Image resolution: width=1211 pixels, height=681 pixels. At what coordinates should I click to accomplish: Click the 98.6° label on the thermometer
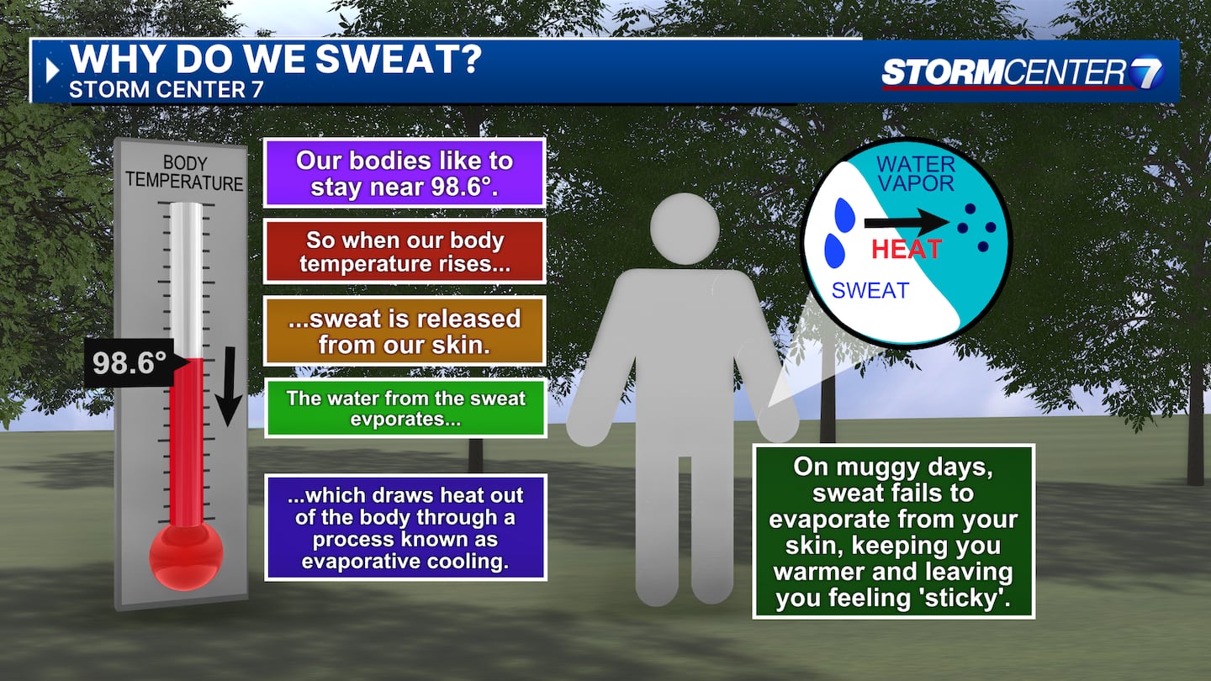click(x=130, y=362)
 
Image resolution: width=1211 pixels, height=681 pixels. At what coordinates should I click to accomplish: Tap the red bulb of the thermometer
click(x=186, y=556)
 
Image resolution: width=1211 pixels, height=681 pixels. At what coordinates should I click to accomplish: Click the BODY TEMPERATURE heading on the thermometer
click(x=184, y=173)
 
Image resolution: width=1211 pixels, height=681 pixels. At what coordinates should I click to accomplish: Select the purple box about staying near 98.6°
click(x=405, y=173)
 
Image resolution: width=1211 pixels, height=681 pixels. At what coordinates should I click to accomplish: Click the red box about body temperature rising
click(x=405, y=251)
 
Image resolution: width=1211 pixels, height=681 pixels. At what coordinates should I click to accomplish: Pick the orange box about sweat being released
click(x=405, y=330)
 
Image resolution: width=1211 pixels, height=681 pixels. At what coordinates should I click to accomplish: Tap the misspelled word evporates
click(x=405, y=420)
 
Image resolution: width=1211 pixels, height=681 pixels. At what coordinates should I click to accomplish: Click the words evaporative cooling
click(x=405, y=561)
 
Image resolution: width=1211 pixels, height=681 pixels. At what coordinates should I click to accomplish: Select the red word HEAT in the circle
click(x=907, y=249)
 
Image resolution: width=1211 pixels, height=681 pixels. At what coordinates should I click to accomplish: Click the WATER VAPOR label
click(x=916, y=173)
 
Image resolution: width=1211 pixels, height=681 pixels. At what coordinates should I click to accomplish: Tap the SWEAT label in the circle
click(x=870, y=291)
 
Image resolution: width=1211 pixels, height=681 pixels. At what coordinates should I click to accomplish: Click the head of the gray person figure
click(x=685, y=229)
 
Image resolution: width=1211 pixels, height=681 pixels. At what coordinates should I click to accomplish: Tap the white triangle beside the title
click(x=52, y=71)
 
